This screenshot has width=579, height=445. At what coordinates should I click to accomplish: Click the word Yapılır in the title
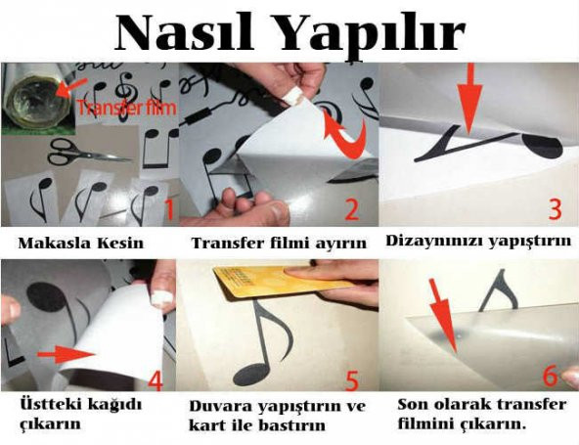(371, 36)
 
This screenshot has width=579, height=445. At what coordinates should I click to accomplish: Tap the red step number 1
(169, 209)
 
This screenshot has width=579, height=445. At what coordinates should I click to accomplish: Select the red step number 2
(351, 209)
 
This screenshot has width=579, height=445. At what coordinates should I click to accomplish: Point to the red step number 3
(555, 209)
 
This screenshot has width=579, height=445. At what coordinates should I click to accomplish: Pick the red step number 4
(156, 380)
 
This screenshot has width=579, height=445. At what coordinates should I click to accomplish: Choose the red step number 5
(352, 380)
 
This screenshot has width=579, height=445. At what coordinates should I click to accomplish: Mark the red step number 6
(551, 376)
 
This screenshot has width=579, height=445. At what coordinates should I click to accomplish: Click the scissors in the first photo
(89, 152)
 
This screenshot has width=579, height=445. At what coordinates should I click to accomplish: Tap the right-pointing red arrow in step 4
(67, 354)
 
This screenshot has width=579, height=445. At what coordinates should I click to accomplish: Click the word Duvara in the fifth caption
(220, 406)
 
